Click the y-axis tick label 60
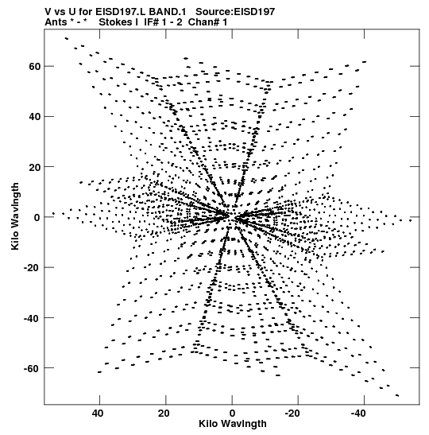click(34, 67)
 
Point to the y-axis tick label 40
click(34, 117)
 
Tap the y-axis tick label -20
click(33, 268)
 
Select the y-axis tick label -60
click(33, 368)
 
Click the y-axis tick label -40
click(33, 318)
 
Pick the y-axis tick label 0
click(37, 218)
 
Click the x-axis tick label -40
click(358, 414)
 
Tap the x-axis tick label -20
click(292, 414)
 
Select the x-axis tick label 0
click(232, 414)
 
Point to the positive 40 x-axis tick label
click(98, 414)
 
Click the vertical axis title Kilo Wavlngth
click(15, 216)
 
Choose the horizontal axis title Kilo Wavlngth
click(233, 424)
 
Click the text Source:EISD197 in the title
click(235, 12)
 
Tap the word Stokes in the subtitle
click(115, 22)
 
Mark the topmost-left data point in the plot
click(67, 38)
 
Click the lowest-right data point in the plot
click(397, 395)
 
